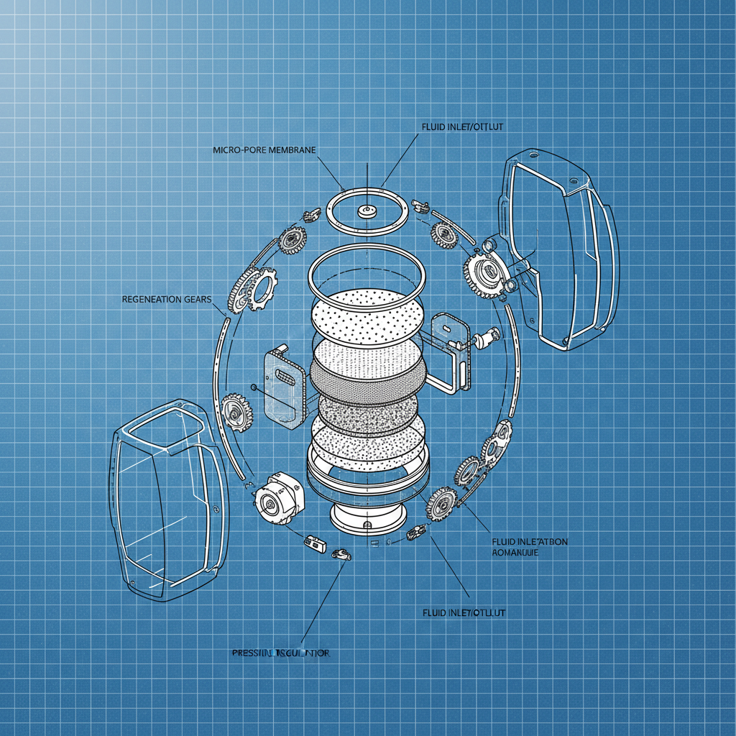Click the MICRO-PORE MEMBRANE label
click(x=265, y=150)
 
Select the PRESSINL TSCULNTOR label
click(x=281, y=653)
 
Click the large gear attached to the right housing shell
click(x=482, y=273)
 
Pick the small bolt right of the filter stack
click(x=488, y=336)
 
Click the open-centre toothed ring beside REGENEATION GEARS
click(x=263, y=287)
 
